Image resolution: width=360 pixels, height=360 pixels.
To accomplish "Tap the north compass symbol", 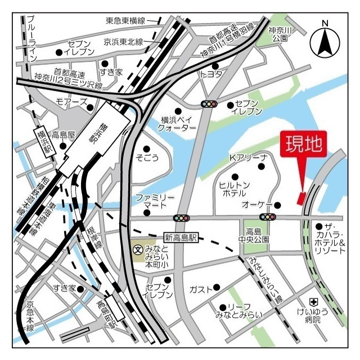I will (325, 40).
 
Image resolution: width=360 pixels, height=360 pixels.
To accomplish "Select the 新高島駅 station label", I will (181, 238).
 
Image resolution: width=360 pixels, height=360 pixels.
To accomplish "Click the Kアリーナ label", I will (248, 157).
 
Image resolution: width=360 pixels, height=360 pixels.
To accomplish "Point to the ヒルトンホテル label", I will (232, 188).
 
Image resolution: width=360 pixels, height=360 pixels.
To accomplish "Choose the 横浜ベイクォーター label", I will (178, 124).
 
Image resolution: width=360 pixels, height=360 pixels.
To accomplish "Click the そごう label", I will (148, 159).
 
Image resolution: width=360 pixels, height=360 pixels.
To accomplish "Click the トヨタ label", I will (212, 74).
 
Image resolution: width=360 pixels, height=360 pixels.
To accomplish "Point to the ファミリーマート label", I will (155, 201).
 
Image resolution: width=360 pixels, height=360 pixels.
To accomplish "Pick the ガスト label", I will (200, 289).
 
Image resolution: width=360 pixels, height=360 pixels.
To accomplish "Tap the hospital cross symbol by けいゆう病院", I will (314, 302).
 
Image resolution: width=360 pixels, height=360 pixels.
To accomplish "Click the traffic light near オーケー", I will (267, 217).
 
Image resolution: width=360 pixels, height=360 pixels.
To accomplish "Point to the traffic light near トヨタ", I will (209, 104).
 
